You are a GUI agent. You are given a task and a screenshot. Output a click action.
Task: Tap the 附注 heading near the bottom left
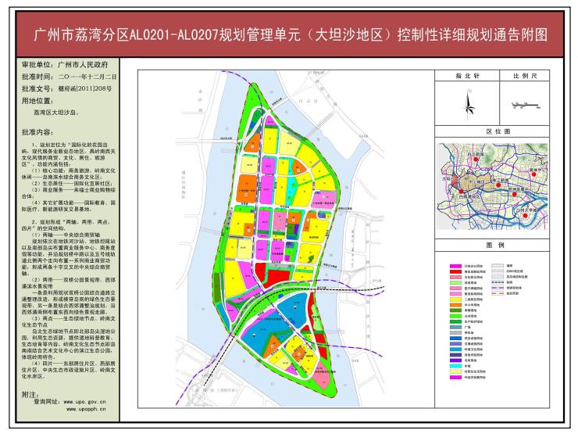click(31, 396)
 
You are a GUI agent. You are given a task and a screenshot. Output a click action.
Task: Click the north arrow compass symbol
click(467, 102)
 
